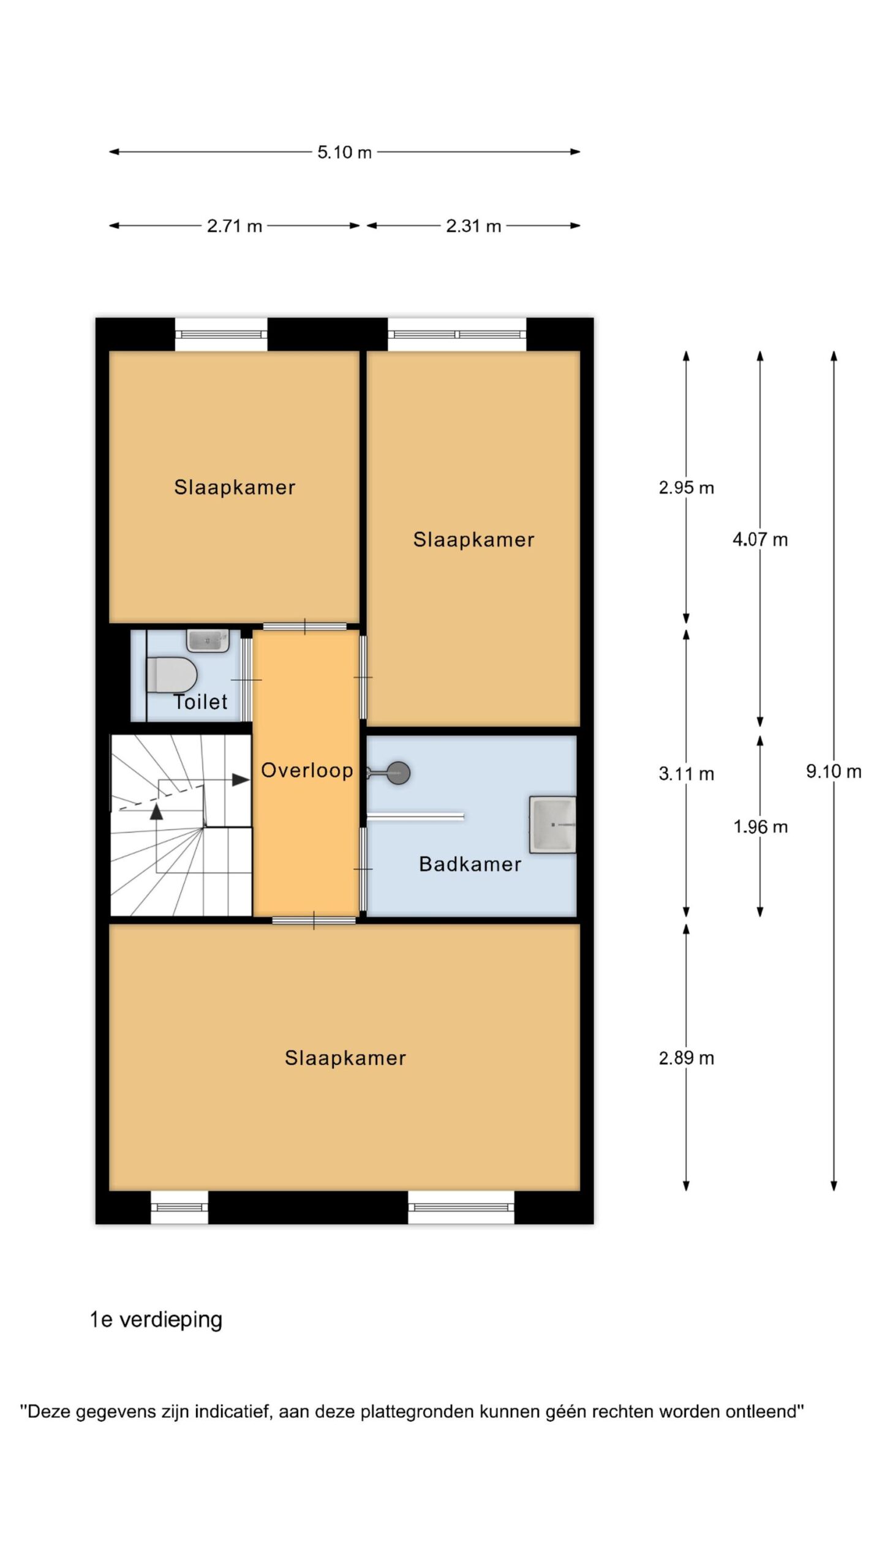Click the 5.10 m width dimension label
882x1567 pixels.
tap(344, 152)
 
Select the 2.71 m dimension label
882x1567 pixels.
tap(235, 226)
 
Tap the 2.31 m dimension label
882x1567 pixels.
tap(473, 226)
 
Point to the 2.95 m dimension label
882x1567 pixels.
tap(687, 488)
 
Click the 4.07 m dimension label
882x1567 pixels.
tap(760, 540)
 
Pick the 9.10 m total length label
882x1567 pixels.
tap(834, 771)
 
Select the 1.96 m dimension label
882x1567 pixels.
tap(760, 827)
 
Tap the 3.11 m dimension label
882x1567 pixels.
tap(687, 774)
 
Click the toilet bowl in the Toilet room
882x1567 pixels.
tap(171, 675)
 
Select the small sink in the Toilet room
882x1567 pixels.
tap(208, 640)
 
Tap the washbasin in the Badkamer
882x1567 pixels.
tap(552, 824)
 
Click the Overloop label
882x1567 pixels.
tap(307, 771)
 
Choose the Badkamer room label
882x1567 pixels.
tap(470, 864)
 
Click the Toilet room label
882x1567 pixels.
tap(200, 701)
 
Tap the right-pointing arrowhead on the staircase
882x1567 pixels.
tap(241, 780)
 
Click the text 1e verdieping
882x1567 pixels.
tap(156, 1320)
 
